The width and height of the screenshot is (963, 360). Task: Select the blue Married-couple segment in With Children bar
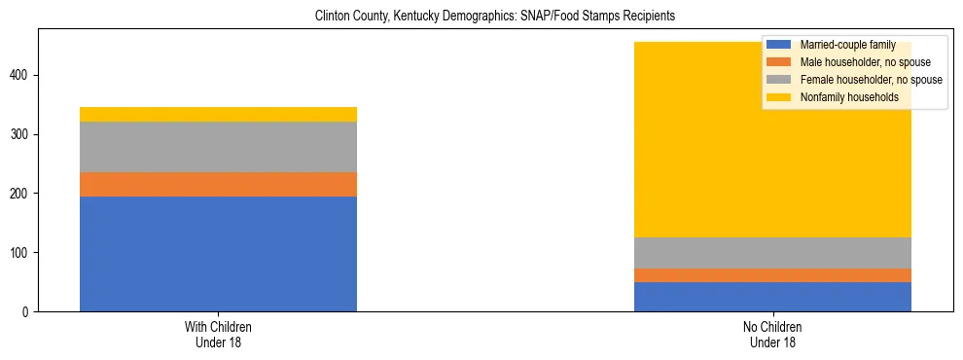[x=218, y=254]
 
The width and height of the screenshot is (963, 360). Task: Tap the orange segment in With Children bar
[x=218, y=185]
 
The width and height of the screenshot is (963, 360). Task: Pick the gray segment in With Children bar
[x=218, y=147]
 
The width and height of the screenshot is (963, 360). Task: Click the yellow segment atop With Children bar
[x=218, y=114]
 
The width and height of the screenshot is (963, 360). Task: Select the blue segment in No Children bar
[x=772, y=297]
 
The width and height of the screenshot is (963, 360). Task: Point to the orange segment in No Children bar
[x=772, y=275]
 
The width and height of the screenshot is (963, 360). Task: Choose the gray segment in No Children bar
[x=772, y=253]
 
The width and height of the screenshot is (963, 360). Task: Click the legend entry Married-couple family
[x=844, y=45]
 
